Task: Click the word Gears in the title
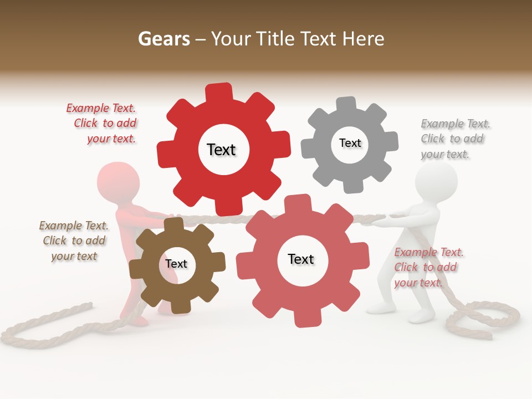tap(163, 39)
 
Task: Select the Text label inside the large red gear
tap(221, 150)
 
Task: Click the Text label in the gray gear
tap(350, 143)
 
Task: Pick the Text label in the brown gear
tap(176, 264)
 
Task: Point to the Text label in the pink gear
tap(301, 259)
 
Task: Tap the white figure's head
tap(437, 180)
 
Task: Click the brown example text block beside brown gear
tap(74, 241)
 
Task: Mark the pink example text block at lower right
tap(427, 267)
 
